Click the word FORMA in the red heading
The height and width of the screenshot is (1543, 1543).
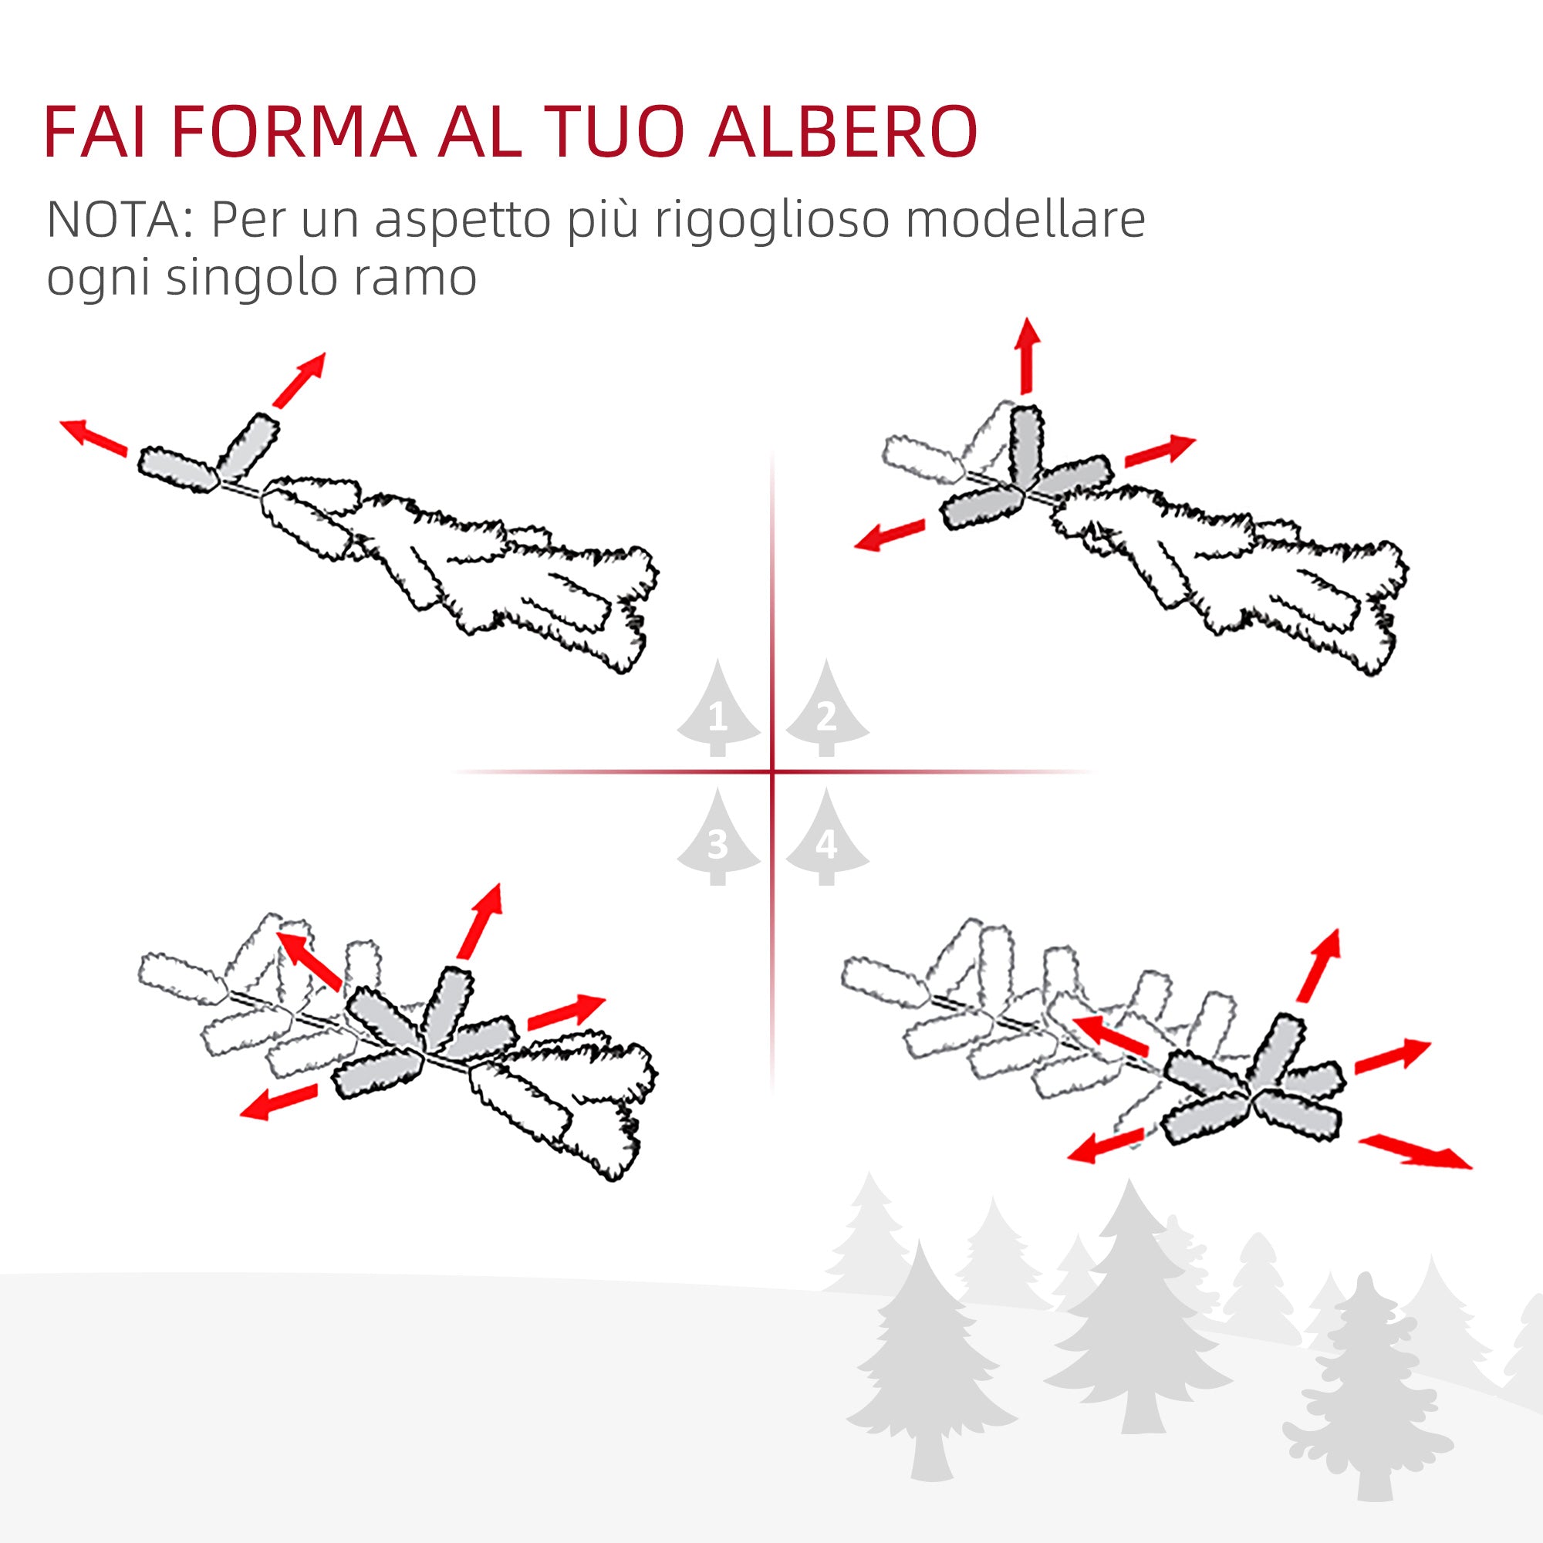[293, 132]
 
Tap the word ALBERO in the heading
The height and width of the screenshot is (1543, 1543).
[842, 132]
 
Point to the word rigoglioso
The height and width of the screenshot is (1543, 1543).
[771, 221]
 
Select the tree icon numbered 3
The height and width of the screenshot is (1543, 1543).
[718, 839]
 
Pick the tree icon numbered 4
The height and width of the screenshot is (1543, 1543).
[826, 839]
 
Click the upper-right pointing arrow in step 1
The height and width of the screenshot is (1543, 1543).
[299, 380]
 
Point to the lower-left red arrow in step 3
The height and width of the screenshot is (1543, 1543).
[279, 1102]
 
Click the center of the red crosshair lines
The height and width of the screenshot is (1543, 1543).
[772, 771]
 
